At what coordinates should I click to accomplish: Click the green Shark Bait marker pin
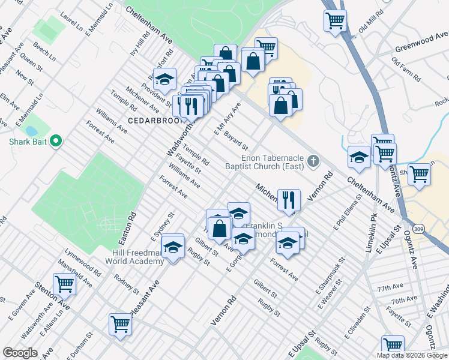pyautogui.click(x=56, y=142)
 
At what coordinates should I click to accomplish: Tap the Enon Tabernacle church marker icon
pyautogui.click(x=313, y=160)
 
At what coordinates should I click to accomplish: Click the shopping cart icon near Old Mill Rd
pyautogui.click(x=335, y=21)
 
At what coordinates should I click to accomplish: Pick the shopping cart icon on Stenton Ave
pyautogui.click(x=64, y=284)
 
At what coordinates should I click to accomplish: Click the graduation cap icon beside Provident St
pyautogui.click(x=164, y=79)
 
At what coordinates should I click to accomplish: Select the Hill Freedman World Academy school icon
pyautogui.click(x=173, y=246)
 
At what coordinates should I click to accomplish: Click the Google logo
pyautogui.click(x=20, y=353)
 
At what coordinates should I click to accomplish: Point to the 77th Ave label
pyautogui.click(x=388, y=288)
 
